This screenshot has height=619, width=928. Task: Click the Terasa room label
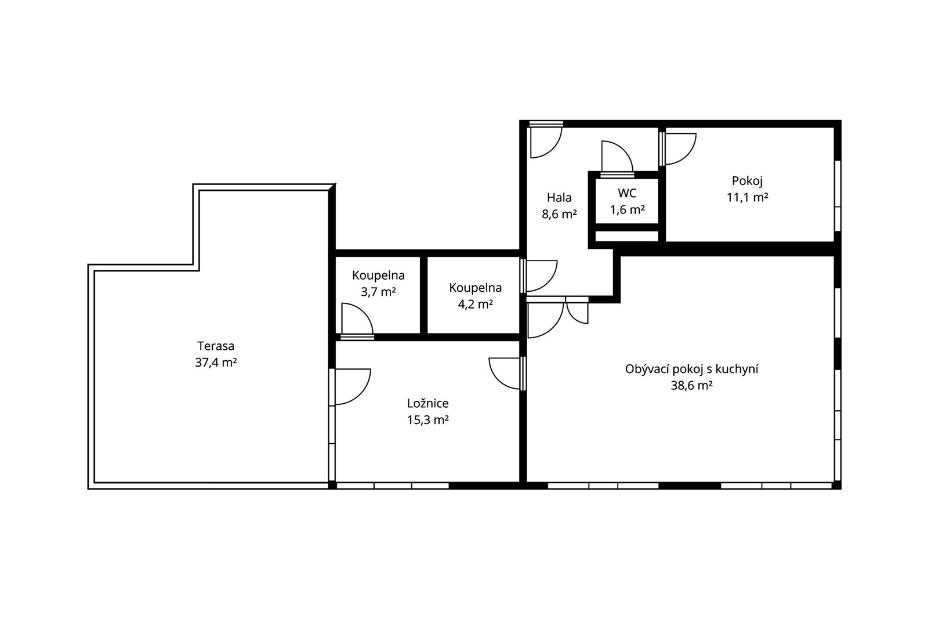tap(216, 346)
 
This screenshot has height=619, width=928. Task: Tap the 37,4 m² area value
tap(216, 363)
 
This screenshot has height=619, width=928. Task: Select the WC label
tap(627, 193)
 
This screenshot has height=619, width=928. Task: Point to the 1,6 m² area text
tap(627, 210)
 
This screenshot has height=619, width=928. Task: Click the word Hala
tap(559, 198)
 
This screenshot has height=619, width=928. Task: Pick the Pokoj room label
tap(747, 181)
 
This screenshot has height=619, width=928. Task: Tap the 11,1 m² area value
tap(747, 198)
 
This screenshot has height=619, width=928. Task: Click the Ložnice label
tap(427, 403)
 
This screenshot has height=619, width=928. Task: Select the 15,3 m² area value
tap(427, 420)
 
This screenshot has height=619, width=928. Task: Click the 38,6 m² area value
tap(691, 386)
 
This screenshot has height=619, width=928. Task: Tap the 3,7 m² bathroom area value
tap(378, 292)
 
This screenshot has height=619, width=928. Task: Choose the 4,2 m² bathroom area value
tap(475, 305)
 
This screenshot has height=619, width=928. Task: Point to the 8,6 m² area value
tap(559, 214)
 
